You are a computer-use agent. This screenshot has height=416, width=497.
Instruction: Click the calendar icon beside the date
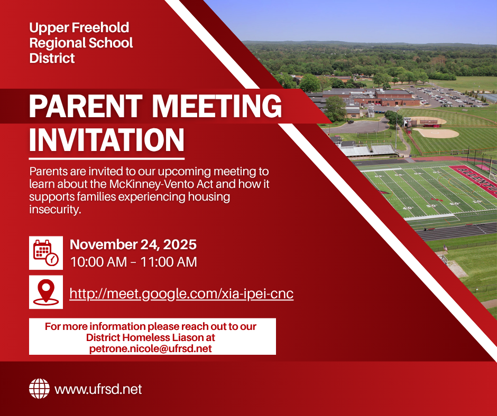point(46,252)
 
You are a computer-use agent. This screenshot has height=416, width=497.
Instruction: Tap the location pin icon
point(46,291)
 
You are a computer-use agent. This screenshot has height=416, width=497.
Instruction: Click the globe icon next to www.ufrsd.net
point(39,389)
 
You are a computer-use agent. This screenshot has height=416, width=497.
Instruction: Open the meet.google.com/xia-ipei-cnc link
point(181,294)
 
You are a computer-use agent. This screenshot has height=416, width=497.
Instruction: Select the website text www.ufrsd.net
point(98,390)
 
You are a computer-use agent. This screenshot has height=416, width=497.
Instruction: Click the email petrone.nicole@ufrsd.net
point(152,348)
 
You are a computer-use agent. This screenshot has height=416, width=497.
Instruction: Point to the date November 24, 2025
point(133,244)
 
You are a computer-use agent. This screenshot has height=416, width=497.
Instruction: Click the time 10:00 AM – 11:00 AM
point(133,262)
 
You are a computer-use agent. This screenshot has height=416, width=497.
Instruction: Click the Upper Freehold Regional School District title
point(81,43)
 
